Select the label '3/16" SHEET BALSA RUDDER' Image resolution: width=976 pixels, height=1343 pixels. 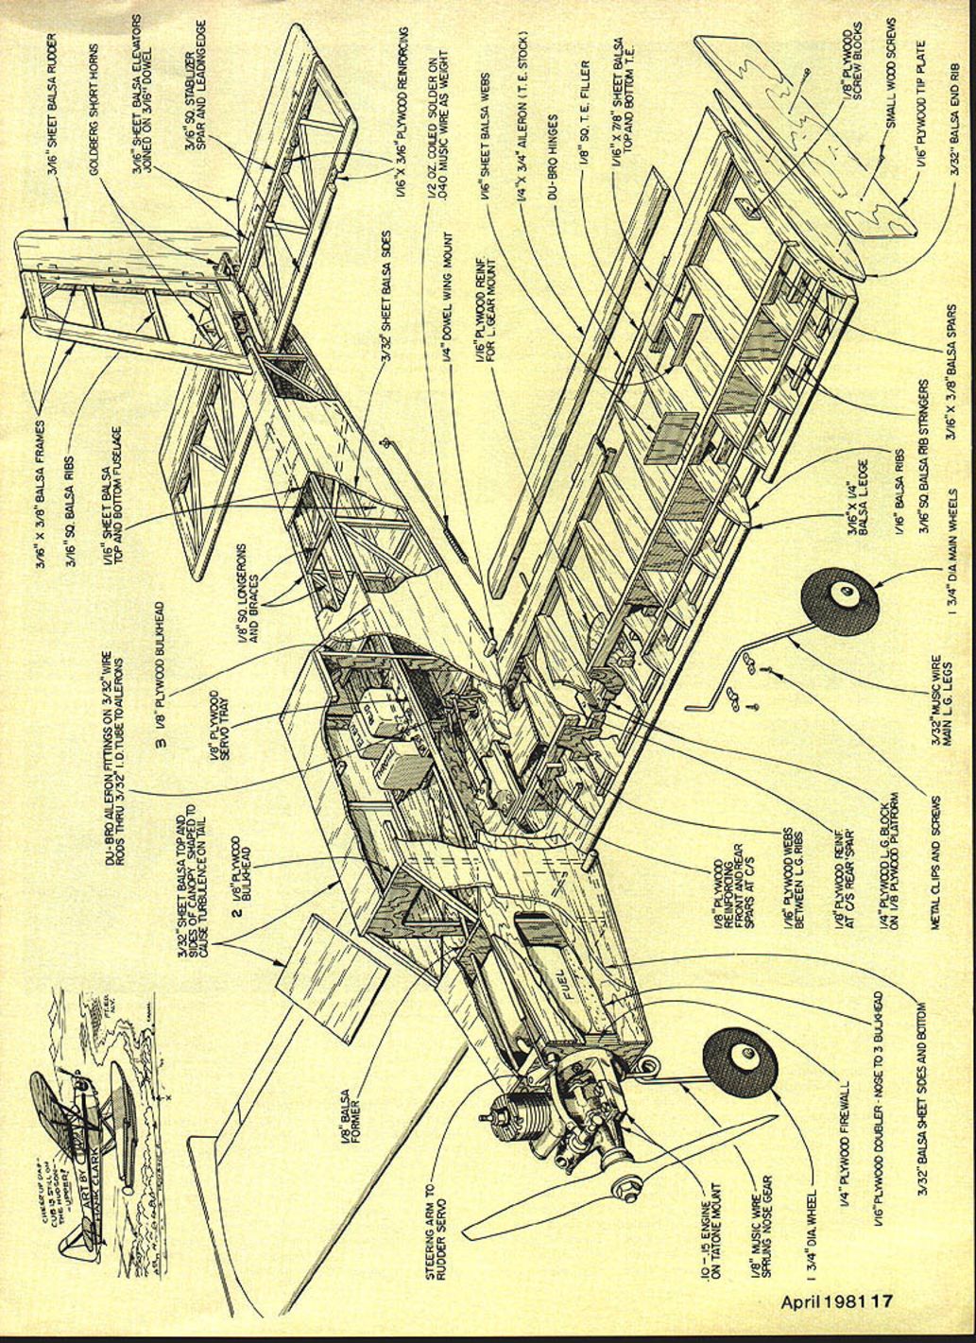[x=55, y=105]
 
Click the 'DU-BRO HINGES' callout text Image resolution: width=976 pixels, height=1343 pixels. [x=553, y=162]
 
